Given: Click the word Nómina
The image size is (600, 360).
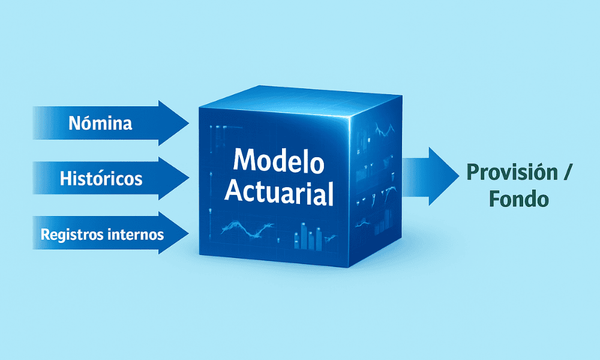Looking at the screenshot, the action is click(100, 123).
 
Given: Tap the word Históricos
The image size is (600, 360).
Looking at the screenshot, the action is click(101, 178).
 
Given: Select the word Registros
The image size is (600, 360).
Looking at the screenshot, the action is click(71, 235).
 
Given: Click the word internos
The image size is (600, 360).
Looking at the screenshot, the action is click(136, 234).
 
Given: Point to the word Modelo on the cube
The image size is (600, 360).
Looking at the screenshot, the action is click(278, 160).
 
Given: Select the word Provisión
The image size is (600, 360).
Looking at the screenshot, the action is click(512, 172).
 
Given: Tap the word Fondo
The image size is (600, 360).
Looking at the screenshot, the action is click(519, 199).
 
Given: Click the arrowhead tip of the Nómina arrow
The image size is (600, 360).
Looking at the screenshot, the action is click(188, 123).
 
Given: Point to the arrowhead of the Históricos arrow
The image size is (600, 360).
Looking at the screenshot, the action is click(174, 178).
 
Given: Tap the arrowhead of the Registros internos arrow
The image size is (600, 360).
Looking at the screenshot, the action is click(174, 233).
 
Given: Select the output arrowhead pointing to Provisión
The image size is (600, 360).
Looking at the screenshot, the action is click(444, 176).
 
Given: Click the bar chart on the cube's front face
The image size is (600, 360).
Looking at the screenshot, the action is click(308, 236).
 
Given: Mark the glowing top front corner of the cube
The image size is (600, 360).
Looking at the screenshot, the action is click(350, 119).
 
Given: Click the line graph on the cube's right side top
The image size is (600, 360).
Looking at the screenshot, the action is click(384, 131).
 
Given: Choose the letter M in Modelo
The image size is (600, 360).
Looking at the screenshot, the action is click(244, 160).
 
